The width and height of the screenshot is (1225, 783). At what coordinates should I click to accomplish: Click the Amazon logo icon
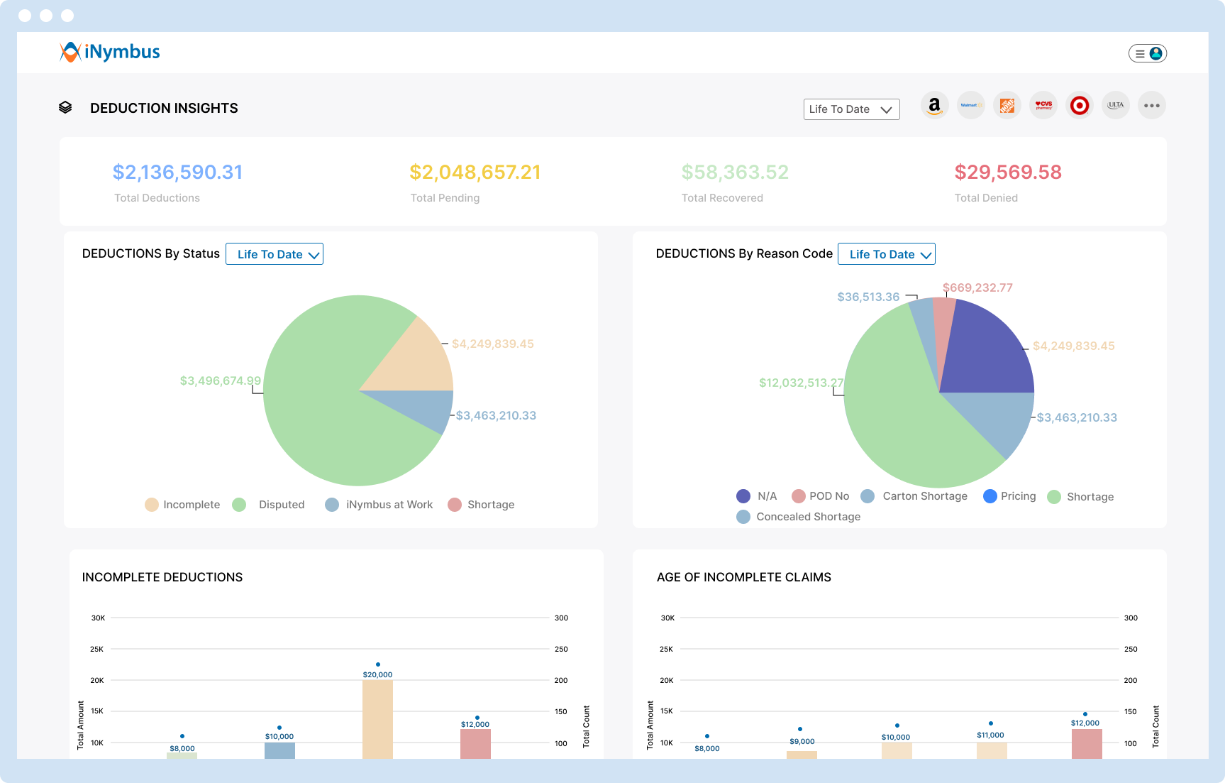click(935, 106)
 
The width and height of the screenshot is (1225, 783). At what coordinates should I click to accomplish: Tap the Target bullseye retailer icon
click(1079, 106)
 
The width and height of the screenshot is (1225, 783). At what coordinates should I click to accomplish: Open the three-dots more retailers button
click(1151, 106)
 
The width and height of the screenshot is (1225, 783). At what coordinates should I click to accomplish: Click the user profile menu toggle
click(1147, 53)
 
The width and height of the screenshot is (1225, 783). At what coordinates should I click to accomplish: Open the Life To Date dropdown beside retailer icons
click(851, 109)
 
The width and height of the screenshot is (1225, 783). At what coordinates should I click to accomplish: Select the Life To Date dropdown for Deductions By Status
click(275, 254)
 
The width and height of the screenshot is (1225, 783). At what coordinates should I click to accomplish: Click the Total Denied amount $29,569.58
click(1007, 173)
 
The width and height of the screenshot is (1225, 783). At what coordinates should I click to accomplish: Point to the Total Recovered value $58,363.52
click(734, 173)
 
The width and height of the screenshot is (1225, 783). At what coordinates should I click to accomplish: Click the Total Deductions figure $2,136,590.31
click(177, 173)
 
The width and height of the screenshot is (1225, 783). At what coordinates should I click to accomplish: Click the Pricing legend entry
click(1010, 496)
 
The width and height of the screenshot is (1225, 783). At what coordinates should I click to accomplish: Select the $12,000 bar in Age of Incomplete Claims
click(1086, 743)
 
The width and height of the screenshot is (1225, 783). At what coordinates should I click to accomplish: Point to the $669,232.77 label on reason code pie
click(977, 288)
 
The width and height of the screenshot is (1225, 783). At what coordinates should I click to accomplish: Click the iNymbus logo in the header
click(110, 52)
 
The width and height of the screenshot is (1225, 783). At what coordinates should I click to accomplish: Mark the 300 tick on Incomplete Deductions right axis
click(561, 618)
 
